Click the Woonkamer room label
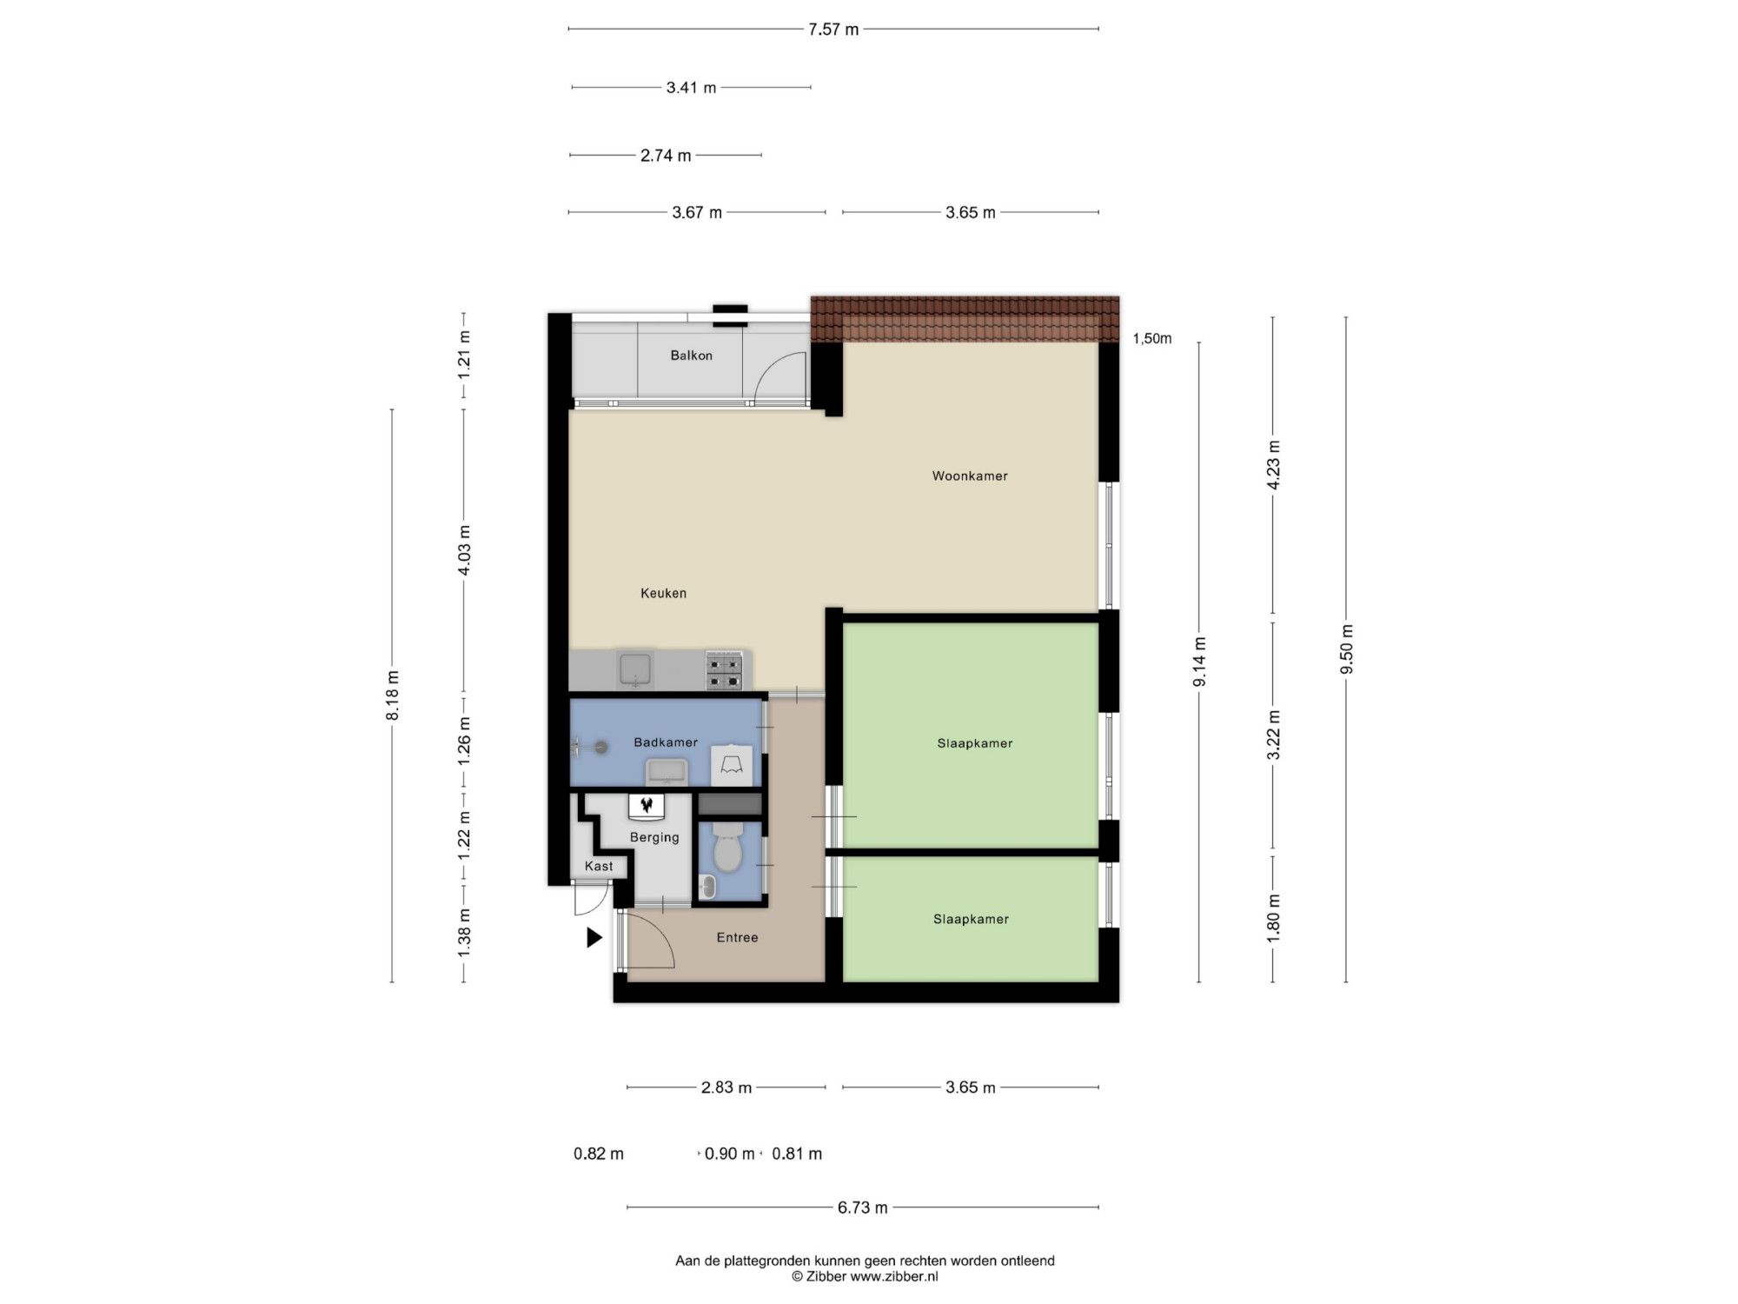[970, 476]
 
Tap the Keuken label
[663, 593]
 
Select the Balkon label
[691, 355]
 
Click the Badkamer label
[666, 742]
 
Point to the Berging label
[654, 837]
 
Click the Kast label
[599, 866]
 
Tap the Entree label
[737, 937]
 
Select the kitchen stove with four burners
[724, 670]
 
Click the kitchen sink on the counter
[635, 670]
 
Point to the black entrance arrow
[594, 937]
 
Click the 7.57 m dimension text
[833, 30]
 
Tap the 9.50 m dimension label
[1346, 649]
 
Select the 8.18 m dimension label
[392, 695]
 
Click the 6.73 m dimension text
[863, 1208]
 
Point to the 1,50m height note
[1152, 338]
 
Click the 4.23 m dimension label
[1273, 465]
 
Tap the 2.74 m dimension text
[666, 156]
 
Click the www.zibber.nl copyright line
[865, 1277]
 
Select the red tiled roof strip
[965, 319]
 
